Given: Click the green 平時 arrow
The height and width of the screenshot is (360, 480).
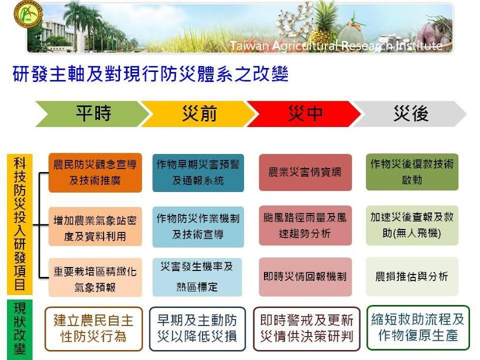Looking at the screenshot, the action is tap(92, 114).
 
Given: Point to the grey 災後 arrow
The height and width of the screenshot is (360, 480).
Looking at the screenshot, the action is tap(411, 114).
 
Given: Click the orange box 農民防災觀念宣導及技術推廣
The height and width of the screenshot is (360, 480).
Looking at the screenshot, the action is tap(95, 173).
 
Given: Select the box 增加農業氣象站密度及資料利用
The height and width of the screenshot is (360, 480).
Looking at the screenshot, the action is tap(95, 227).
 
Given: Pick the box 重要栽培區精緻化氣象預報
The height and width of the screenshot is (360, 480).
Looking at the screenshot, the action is tap(95, 277).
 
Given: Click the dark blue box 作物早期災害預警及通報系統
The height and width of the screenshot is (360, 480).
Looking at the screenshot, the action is tap(198, 173).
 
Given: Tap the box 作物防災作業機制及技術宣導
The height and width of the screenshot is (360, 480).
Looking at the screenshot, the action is tap(198, 227).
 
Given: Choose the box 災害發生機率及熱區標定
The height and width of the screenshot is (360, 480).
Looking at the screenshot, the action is tap(197, 277).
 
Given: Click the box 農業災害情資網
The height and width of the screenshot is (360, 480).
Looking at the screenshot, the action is tap(305, 172).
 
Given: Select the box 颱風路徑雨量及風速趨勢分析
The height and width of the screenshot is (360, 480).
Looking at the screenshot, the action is tap(305, 225).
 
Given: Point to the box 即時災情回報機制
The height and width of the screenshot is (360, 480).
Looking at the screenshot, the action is tap(305, 277).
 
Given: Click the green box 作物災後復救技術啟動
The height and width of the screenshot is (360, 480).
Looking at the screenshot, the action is tap(412, 172).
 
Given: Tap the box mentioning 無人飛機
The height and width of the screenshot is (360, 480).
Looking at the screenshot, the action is tap(412, 225).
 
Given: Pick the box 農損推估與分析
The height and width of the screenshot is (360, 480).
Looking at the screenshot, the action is tap(412, 276).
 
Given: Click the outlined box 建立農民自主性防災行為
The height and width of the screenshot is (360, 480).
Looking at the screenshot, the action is tap(94, 329).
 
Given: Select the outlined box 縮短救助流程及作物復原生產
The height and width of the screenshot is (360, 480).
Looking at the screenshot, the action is tap(418, 328).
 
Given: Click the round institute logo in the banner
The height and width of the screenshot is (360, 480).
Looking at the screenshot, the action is tap(28, 13).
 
